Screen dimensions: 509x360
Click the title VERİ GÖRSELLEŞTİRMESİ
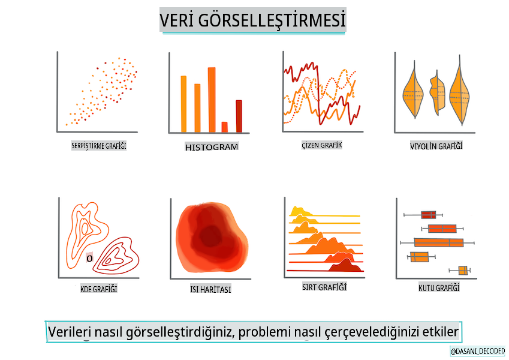pyautogui.click(x=252, y=20)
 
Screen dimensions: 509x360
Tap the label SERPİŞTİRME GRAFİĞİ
pyautogui.click(x=99, y=146)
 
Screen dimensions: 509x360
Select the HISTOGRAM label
pyautogui.click(x=212, y=147)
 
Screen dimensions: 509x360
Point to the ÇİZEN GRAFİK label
pyautogui.click(x=322, y=145)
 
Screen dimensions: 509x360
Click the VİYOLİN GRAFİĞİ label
pyautogui.click(x=436, y=146)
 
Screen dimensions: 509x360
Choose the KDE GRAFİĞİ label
pyautogui.click(x=99, y=289)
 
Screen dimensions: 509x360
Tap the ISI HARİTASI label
pyautogui.click(x=210, y=289)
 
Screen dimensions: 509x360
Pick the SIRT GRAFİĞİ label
pyautogui.click(x=324, y=287)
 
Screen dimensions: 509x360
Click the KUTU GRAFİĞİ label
pyautogui.click(x=439, y=288)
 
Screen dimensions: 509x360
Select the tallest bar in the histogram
pyautogui.click(x=212, y=100)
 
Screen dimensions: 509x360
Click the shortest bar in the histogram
pyautogui.click(x=224, y=127)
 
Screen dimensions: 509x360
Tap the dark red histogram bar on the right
pyautogui.click(x=239, y=116)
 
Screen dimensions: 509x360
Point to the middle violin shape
pyautogui.click(x=437, y=92)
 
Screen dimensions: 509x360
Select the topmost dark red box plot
pyautogui.click(x=428, y=215)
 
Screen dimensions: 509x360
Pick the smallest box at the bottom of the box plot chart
pyautogui.click(x=463, y=271)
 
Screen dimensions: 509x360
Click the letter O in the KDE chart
pyautogui.click(x=89, y=259)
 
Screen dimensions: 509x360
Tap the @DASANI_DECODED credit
pyautogui.click(x=478, y=351)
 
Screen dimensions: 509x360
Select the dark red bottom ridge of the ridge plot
pyautogui.click(x=346, y=265)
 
